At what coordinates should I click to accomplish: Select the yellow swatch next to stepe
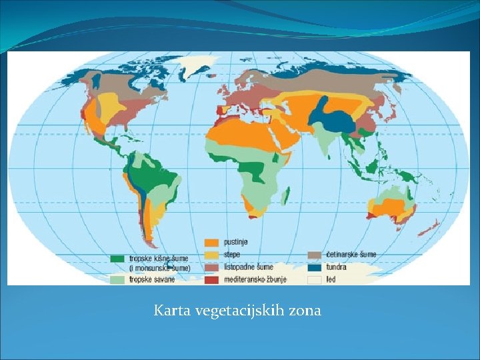click(211, 255)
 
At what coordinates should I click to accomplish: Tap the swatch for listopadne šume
click(211, 267)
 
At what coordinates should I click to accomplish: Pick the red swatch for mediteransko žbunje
click(211, 279)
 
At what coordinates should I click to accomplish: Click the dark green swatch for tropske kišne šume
click(117, 257)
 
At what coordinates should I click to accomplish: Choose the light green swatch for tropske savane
click(117, 279)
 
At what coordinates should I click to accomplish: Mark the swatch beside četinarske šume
click(315, 255)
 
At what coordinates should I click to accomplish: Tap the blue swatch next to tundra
click(315, 267)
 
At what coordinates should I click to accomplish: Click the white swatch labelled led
click(315, 279)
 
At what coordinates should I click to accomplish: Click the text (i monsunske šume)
click(160, 267)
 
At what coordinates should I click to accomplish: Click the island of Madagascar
click(286, 195)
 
